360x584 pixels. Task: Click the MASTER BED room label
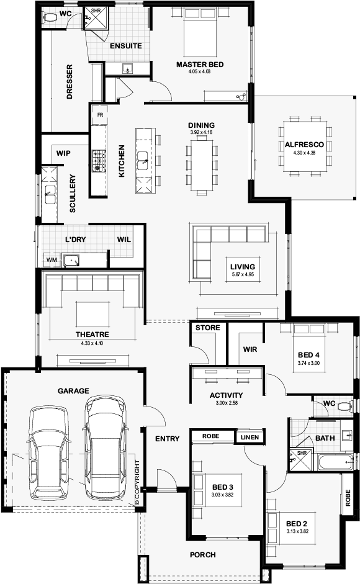[x=199, y=65]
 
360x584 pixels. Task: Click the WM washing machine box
[x=50, y=259]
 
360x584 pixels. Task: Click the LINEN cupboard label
[x=251, y=438]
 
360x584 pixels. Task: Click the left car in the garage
[x=47, y=451]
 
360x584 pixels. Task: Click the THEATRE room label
[x=91, y=335]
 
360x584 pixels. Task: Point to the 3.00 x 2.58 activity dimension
[x=226, y=403]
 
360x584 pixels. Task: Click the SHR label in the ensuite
[x=96, y=11]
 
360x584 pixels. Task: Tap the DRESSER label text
[x=70, y=81]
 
